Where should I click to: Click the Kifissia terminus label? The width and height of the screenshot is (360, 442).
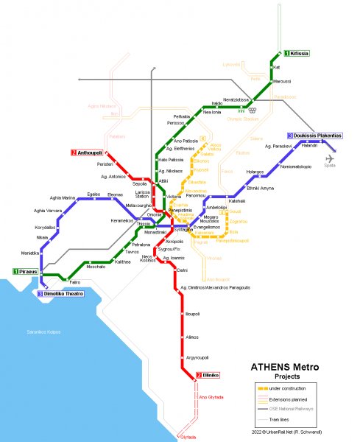tap(297, 54)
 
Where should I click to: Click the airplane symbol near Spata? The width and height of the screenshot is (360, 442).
tap(329, 156)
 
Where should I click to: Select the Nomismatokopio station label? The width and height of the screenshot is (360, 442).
tap(296, 166)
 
